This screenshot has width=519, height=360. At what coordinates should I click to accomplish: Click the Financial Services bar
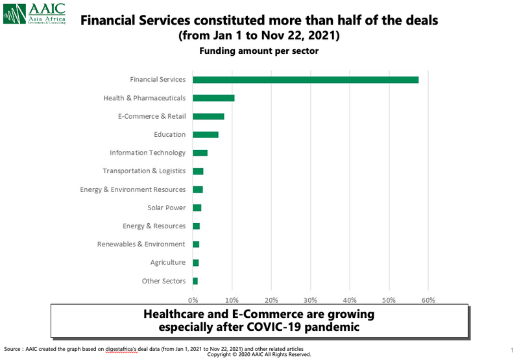tap(305, 80)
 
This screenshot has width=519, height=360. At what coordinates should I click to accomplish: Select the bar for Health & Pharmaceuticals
tap(213, 98)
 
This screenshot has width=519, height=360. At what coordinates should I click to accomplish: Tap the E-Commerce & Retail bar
tap(208, 116)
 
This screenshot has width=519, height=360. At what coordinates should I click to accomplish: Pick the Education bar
tap(205, 134)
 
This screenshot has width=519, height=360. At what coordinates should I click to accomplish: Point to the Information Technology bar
tap(200, 153)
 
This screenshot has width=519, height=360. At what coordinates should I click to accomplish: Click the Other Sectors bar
tap(195, 281)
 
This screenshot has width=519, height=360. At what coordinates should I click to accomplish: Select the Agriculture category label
tap(168, 263)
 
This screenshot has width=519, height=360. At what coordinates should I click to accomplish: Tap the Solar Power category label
tap(167, 208)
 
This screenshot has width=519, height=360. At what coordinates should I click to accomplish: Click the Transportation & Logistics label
tap(144, 171)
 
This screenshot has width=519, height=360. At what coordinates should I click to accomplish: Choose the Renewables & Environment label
tap(141, 244)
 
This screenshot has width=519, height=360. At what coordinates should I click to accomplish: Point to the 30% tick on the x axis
tap(310, 300)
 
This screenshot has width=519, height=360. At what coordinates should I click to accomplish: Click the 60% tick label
tap(428, 300)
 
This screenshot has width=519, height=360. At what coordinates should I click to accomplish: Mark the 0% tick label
tap(193, 300)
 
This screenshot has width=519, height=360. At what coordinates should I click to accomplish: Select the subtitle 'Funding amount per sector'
tap(259, 51)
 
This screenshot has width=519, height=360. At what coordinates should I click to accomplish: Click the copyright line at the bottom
tap(259, 355)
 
